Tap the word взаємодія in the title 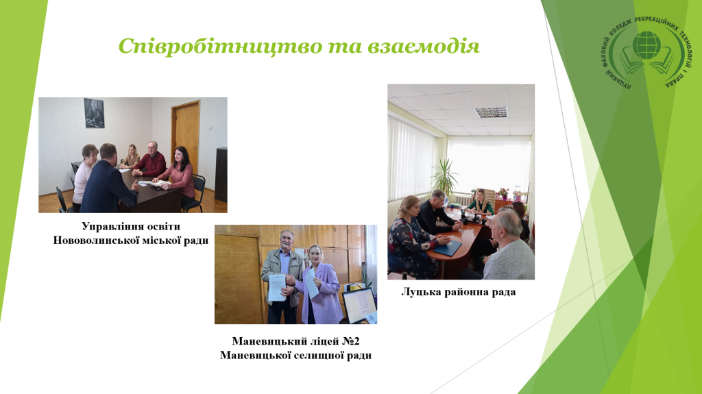tap(424, 46)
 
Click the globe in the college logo tap(646, 45)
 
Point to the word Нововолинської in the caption tap(96, 241)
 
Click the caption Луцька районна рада tap(459, 292)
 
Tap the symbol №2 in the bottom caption tap(351, 341)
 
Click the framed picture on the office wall tap(94, 113)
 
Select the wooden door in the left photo tap(185, 134)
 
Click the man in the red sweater tap(150, 160)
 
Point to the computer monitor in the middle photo tap(359, 306)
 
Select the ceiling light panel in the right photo tap(491, 112)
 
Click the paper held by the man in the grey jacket tap(277, 287)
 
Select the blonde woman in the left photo tap(131, 157)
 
